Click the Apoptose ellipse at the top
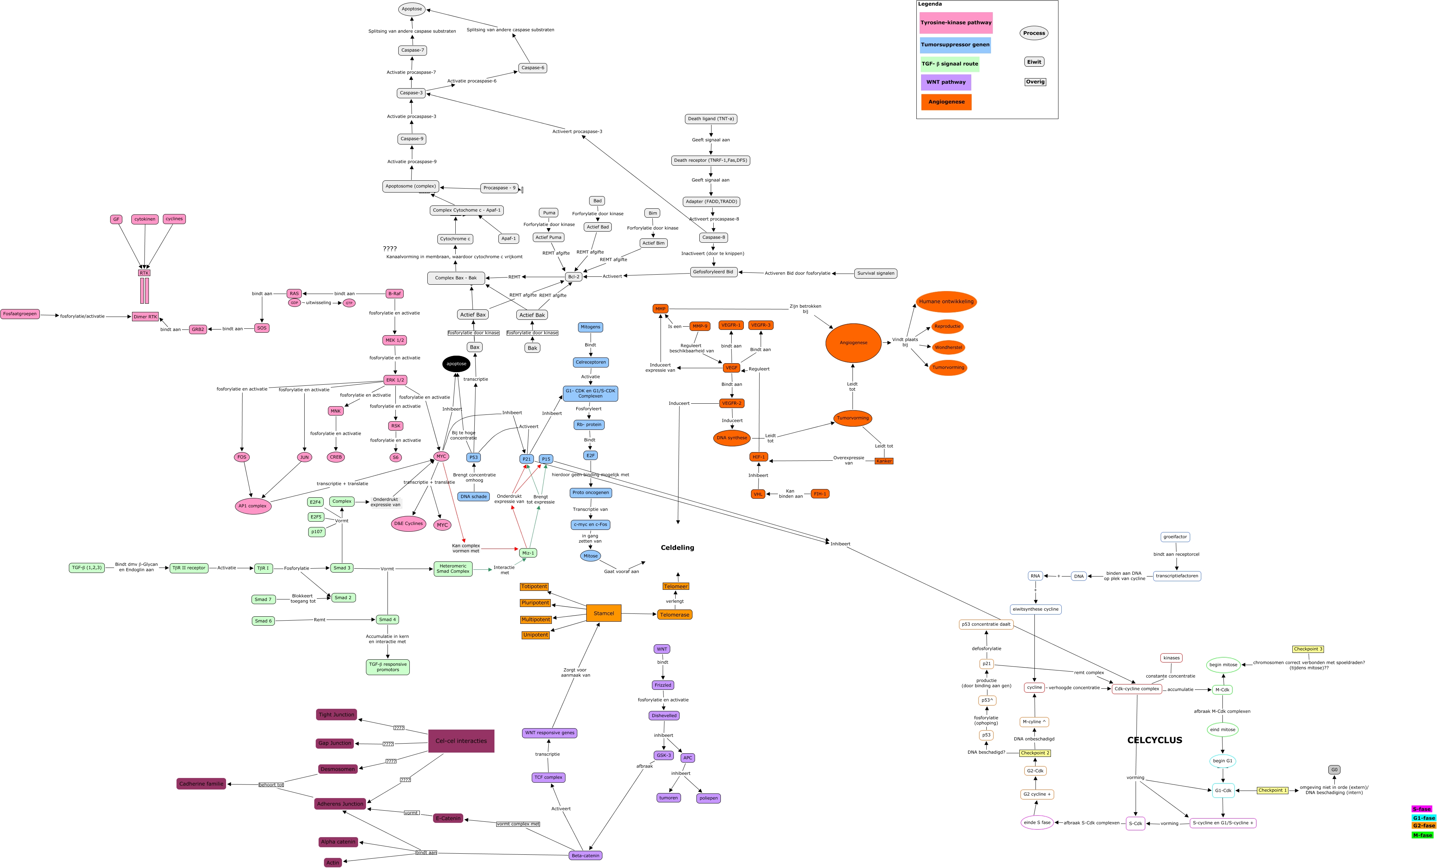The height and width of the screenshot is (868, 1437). [x=412, y=9]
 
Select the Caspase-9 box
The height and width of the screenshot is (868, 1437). [x=412, y=139]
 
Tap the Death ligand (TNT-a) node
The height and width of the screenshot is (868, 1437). [x=710, y=119]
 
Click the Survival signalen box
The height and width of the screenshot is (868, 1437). [x=875, y=274]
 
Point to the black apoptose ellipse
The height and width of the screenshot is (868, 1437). [x=456, y=364]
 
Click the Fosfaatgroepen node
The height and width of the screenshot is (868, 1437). [x=20, y=314]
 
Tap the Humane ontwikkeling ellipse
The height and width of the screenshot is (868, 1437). [x=946, y=302]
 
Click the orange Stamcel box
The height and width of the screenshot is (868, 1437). [x=604, y=613]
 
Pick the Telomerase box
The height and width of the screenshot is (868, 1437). [x=675, y=615]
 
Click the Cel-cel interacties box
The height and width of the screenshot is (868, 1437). [x=461, y=741]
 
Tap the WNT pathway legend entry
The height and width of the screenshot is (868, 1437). [x=946, y=82]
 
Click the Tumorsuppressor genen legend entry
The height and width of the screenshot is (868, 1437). [x=955, y=45]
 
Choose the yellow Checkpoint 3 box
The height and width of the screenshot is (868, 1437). [x=1308, y=649]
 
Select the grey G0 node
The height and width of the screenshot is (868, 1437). [x=1334, y=769]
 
